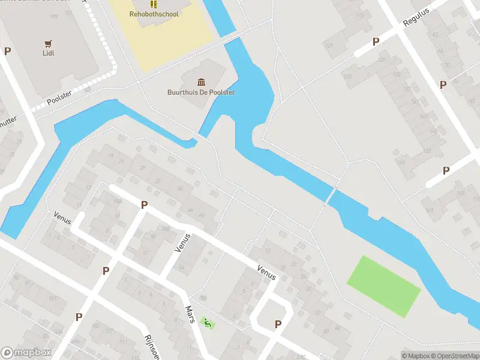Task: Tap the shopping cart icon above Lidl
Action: tap(49, 43)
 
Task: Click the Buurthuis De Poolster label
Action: tap(200, 92)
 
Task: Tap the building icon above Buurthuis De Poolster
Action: tap(200, 82)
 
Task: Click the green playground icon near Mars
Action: tap(208, 324)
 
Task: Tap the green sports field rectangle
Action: tap(384, 286)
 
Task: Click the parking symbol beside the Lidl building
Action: tap(7, 51)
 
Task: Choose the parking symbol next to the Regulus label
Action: tap(376, 41)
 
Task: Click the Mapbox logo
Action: tap(26, 353)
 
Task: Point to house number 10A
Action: tap(118, 202)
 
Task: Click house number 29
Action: tap(143, 167)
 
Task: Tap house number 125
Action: tap(382, 60)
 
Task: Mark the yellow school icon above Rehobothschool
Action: tap(153, 4)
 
